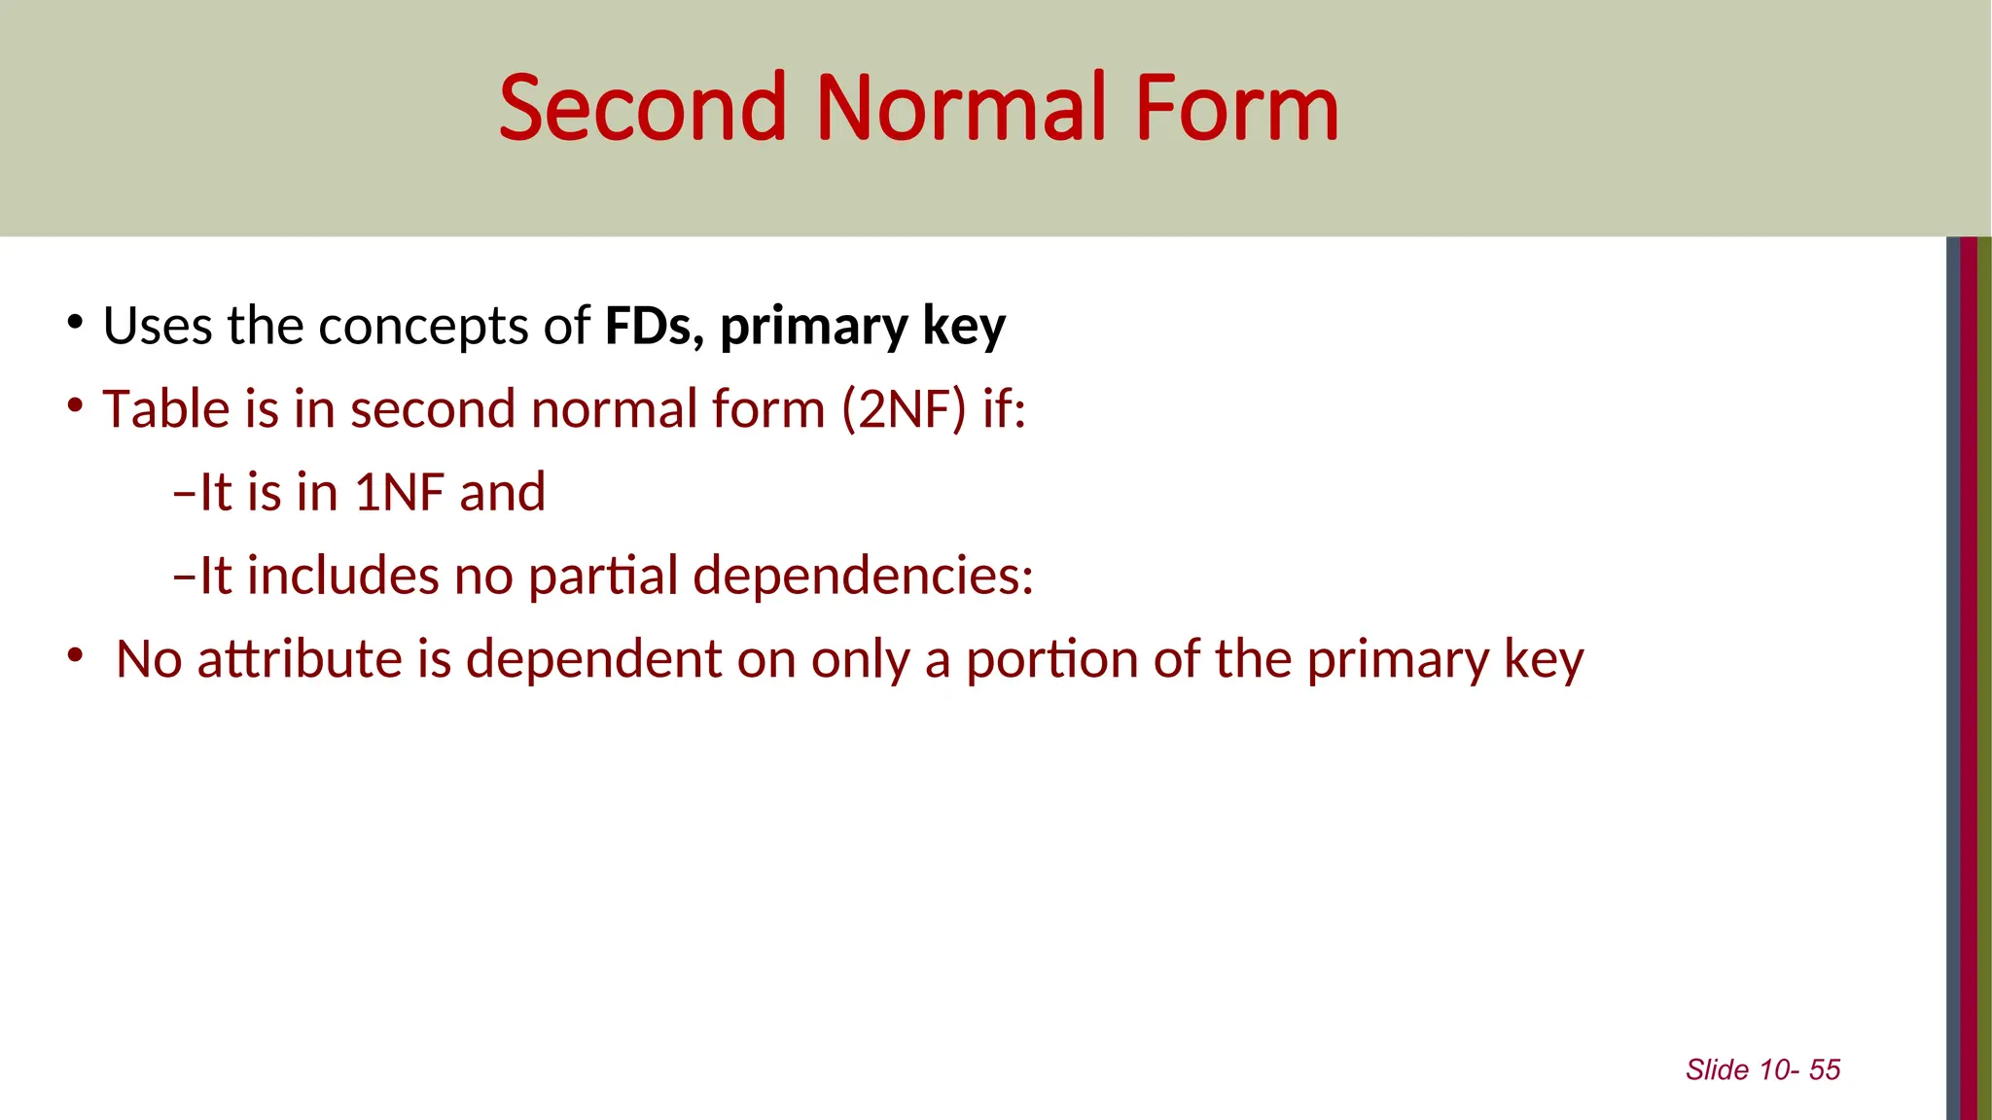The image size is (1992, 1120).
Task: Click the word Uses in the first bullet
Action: [157, 326]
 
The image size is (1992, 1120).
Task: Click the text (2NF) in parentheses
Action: [904, 409]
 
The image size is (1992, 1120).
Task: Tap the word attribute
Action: [300, 659]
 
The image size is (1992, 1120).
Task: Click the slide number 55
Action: [1825, 1069]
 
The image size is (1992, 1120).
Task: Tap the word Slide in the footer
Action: [1717, 1069]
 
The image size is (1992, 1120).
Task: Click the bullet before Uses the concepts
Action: [75, 322]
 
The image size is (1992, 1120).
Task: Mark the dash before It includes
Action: [184, 577]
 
